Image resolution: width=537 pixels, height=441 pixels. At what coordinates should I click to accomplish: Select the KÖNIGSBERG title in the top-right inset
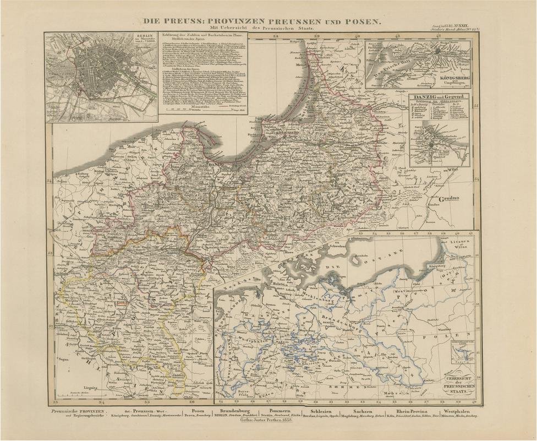click(452, 78)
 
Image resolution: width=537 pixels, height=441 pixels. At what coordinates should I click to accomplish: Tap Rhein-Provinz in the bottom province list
click(410, 411)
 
